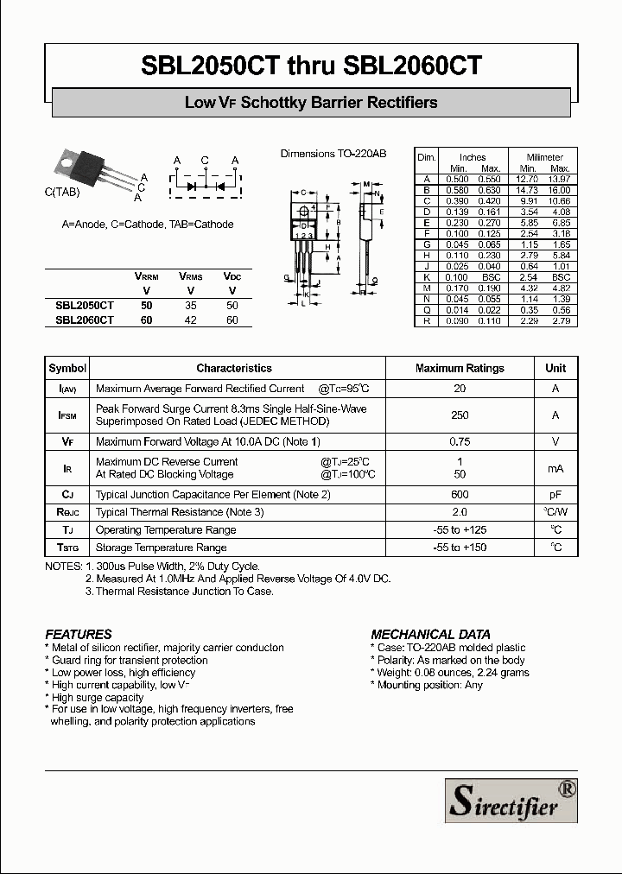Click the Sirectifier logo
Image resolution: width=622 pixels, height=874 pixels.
511,800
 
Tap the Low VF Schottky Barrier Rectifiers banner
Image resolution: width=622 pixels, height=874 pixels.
311,103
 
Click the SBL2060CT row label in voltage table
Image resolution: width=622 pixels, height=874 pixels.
85,320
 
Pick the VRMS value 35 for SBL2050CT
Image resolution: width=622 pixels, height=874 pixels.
190,305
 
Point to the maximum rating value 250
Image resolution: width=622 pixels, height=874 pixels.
460,415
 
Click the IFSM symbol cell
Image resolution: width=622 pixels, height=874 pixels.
67,415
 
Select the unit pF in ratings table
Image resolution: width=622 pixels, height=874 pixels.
555,494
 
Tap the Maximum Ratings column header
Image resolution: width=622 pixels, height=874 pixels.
460,368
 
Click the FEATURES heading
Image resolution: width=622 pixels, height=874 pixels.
79,633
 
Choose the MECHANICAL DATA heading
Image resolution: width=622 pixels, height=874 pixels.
430,633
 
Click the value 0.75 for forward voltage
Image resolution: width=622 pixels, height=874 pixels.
460,441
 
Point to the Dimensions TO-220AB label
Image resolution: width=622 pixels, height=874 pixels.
333,154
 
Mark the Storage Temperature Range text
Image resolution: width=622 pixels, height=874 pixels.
161,548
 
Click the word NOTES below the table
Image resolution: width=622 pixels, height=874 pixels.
63,567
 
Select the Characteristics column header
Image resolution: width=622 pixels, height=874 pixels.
233,368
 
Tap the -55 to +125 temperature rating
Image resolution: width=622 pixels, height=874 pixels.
460,529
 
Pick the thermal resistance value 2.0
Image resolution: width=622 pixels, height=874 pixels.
460,512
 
